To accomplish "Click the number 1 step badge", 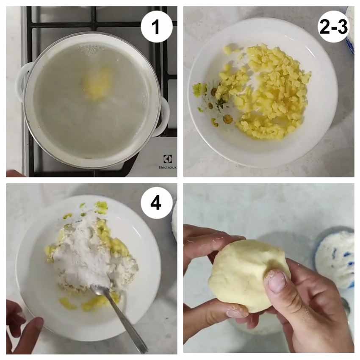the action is point(157,27).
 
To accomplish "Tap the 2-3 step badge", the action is point(333,27).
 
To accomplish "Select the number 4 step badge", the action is point(157,203).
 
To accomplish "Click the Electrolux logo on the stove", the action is point(168,162).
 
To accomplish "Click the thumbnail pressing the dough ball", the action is point(277,281).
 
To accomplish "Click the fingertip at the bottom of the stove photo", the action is point(14,173).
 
